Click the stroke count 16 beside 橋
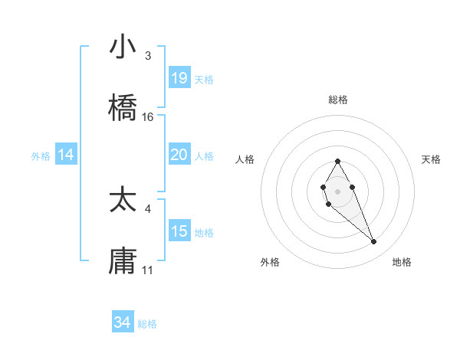[148, 117]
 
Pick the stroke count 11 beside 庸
[148, 270]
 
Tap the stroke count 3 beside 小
[148, 56]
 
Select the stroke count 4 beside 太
[148, 208]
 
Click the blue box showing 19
[179, 78]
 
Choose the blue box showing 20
[179, 155]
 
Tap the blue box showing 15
[179, 231]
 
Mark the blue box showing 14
[66, 155]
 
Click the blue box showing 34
[123, 322]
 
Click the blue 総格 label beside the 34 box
[147, 324]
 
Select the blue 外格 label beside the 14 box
[41, 156]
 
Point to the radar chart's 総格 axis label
[338, 100]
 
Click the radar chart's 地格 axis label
[402, 262]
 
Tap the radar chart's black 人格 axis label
[245, 159]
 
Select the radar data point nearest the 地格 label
[374, 242]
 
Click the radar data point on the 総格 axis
[337, 161]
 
